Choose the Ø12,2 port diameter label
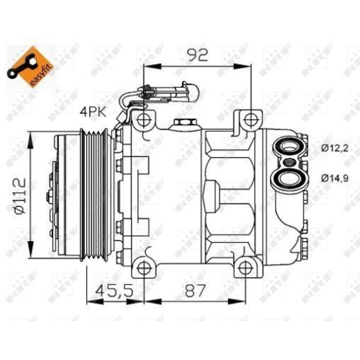333,149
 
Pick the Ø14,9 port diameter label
333,176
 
